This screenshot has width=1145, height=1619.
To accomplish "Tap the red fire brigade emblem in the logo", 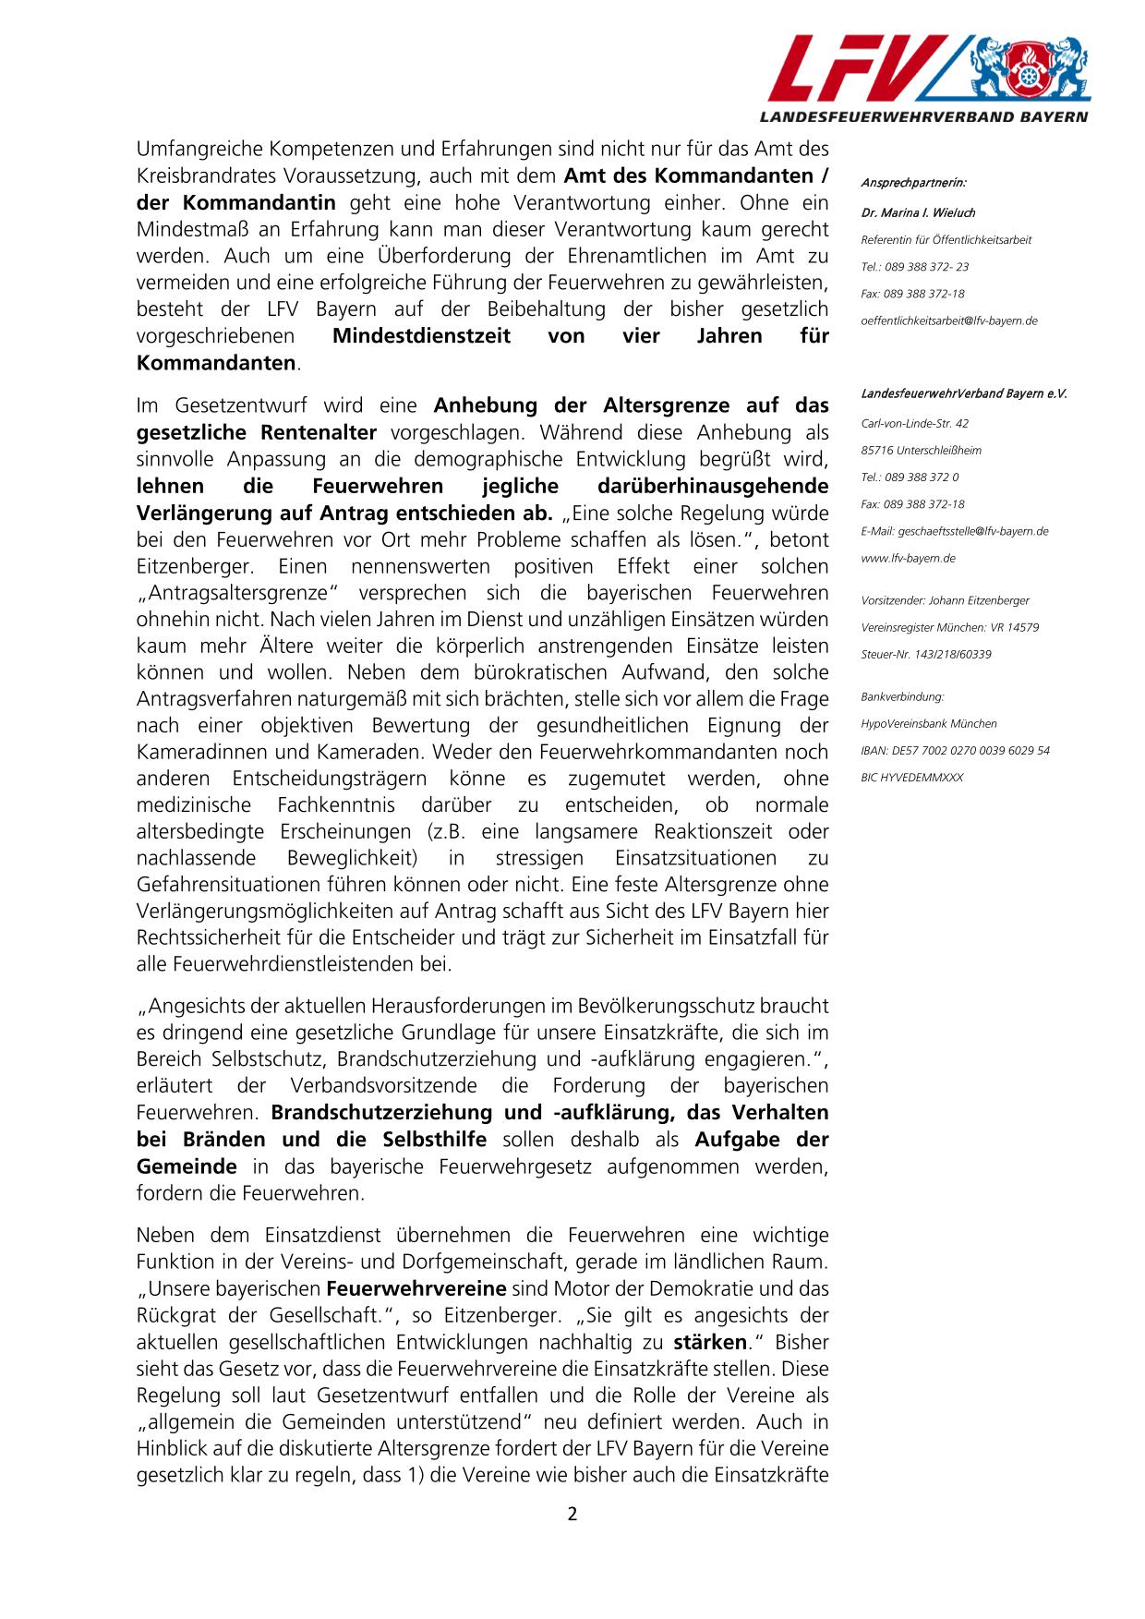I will coord(1026,70).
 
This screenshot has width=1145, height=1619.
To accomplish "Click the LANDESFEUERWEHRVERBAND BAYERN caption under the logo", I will coord(923,117).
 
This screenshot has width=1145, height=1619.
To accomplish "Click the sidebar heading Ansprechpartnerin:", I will coord(913,183).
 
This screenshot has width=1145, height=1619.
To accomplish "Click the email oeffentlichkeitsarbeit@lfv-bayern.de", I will coord(948,320).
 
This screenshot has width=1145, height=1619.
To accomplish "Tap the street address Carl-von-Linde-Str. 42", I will coord(914,423).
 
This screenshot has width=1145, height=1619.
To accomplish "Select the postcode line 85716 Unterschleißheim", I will coord(921,451).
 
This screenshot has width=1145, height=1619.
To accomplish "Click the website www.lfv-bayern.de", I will coord(908,558).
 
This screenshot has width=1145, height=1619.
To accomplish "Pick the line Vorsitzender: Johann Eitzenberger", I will coord(945,600).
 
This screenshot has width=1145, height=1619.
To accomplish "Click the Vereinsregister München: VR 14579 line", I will coord(949,627).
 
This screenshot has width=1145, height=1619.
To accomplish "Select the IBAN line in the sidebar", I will coord(955,750).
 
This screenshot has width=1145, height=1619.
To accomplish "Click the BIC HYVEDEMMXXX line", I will coord(911,778).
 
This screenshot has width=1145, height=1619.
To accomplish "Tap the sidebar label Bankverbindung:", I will coord(902,696).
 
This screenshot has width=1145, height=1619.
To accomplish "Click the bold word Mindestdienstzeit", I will coord(420,336).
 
